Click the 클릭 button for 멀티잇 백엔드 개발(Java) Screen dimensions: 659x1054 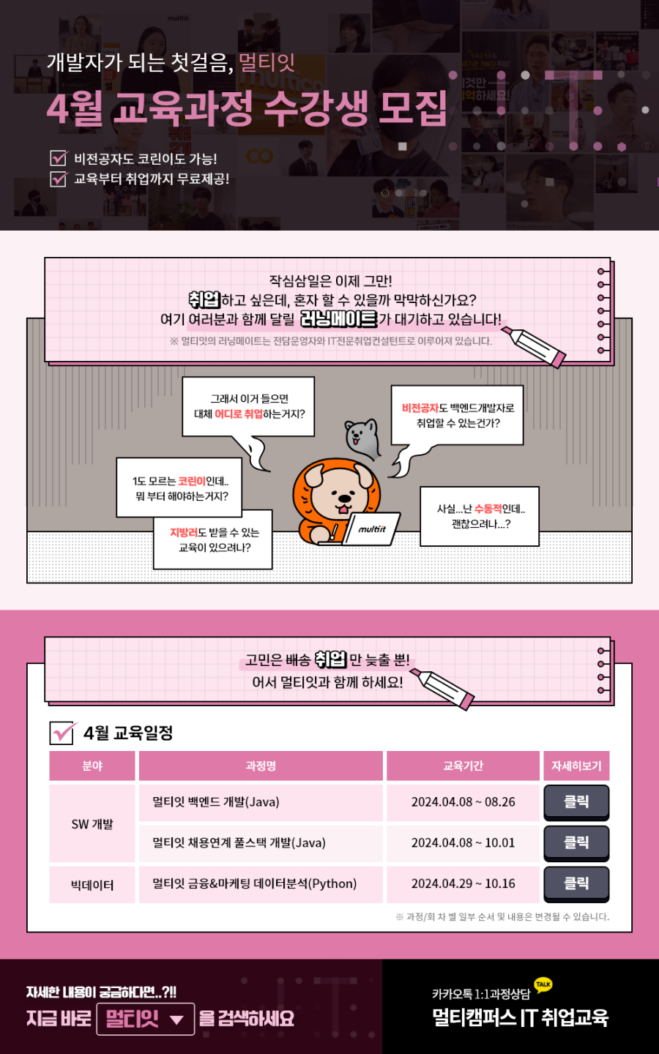(x=576, y=801)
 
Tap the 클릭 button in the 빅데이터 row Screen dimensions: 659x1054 (x=576, y=883)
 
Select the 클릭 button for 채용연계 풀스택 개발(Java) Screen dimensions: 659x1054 (x=576, y=842)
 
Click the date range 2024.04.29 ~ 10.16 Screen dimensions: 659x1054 (x=463, y=883)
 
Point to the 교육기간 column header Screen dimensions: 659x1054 (x=463, y=766)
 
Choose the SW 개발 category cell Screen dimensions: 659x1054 (x=92, y=823)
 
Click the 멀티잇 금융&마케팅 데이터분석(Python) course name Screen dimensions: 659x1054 (x=254, y=883)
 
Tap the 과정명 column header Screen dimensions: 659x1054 (x=261, y=766)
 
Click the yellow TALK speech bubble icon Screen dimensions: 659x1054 (x=543, y=984)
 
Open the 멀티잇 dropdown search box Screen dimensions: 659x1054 (x=146, y=1019)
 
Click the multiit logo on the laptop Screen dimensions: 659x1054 (x=372, y=529)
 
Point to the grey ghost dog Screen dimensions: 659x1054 (x=362, y=438)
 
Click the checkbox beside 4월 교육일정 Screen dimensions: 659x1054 (x=62, y=733)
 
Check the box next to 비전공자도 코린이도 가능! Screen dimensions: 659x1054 (x=59, y=158)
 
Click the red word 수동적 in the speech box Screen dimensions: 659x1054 (x=488, y=509)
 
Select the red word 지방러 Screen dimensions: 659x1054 (x=184, y=532)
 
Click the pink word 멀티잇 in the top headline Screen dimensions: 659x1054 (x=267, y=62)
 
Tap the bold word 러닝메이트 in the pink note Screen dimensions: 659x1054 (x=339, y=319)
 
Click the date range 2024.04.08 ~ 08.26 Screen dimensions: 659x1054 (x=463, y=801)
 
